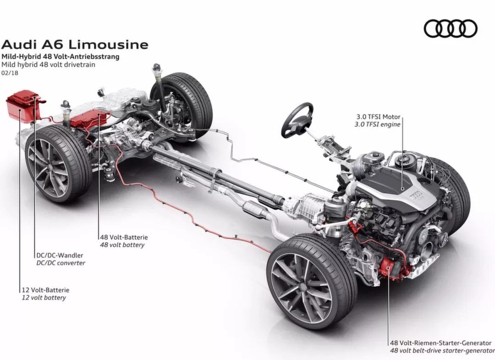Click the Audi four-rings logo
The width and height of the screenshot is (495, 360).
[451, 28]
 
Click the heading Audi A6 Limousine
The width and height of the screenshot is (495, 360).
[75, 44]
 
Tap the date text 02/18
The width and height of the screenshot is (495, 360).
[10, 73]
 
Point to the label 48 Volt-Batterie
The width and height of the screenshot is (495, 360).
[124, 237]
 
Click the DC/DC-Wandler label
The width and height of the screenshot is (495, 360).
[60, 255]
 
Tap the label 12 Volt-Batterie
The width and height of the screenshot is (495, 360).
[45, 290]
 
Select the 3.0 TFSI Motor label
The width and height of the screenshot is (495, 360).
[378, 117]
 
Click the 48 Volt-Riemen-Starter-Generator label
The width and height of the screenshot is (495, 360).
[441, 343]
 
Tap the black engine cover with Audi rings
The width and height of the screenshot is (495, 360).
[399, 186]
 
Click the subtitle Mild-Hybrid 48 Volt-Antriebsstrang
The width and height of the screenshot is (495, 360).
[60, 57]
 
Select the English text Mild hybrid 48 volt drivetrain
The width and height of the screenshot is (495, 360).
[48, 65]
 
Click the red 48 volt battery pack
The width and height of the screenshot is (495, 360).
[90, 119]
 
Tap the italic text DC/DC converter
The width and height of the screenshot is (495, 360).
[60, 263]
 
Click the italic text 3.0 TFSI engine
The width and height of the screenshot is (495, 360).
[377, 124]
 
